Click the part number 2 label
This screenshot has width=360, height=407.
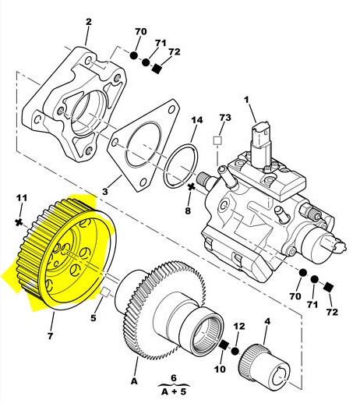pyautogui.click(x=89, y=22)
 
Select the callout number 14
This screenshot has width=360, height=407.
pyautogui.click(x=197, y=120)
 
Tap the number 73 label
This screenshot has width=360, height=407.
pyautogui.click(x=225, y=118)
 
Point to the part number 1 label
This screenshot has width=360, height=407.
pyautogui.click(x=246, y=100)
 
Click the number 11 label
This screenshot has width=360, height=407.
pyautogui.click(x=22, y=198)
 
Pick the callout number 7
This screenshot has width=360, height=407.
pyautogui.click(x=51, y=335)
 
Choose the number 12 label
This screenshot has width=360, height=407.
pyautogui.click(x=239, y=326)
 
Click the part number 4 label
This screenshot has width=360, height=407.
pyautogui.click(x=267, y=321)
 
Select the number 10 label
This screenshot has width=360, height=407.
pyautogui.click(x=220, y=369)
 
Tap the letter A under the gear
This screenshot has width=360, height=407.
pyautogui.click(x=134, y=381)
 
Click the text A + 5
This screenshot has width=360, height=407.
pyautogui.click(x=174, y=391)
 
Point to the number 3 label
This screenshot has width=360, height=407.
pyautogui.click(x=104, y=192)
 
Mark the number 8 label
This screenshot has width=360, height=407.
pyautogui.click(x=188, y=211)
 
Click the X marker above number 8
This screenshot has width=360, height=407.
pyautogui.click(x=192, y=186)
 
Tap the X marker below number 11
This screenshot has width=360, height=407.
pyautogui.click(x=19, y=222)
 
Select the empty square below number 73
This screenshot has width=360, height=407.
pyautogui.click(x=217, y=140)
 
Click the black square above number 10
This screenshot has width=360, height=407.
pyautogui.click(x=224, y=345)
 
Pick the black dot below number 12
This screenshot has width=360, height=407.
pyautogui.click(x=235, y=352)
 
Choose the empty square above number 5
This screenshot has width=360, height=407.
pyautogui.click(x=105, y=292)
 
